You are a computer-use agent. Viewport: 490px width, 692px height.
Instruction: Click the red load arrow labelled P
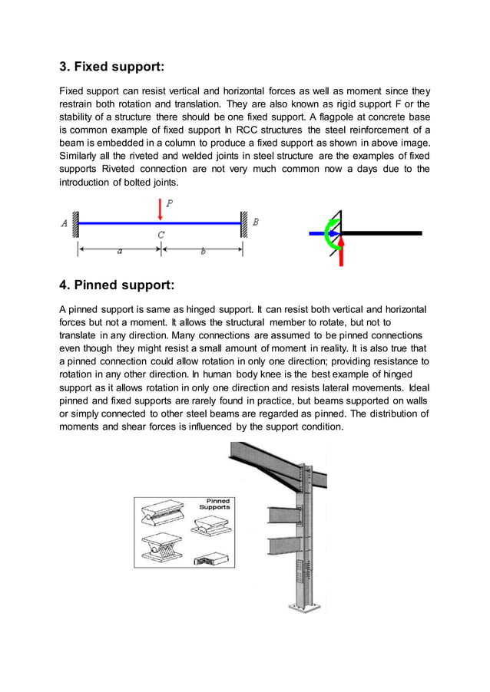click(x=160, y=208)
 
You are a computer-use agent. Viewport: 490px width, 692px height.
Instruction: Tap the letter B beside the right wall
click(x=256, y=222)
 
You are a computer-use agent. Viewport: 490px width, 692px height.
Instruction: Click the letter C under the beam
click(x=161, y=235)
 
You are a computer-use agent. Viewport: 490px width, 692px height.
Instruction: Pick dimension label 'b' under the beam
click(x=202, y=251)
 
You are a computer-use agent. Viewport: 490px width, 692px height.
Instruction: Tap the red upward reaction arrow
click(x=342, y=250)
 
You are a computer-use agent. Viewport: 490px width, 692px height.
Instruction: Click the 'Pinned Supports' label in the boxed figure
click(x=214, y=504)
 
